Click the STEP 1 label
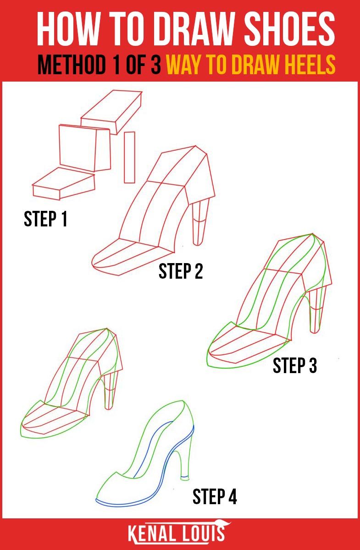pyautogui.click(x=45, y=219)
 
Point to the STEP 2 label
pyautogui.click(x=181, y=271)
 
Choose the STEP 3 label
pyautogui.click(x=295, y=365)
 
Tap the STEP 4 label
pyautogui.click(x=215, y=496)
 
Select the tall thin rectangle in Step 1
pyautogui.click(x=130, y=157)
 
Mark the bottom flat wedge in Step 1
pyautogui.click(x=63, y=183)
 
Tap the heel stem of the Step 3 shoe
pyautogui.click(x=316, y=312)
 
